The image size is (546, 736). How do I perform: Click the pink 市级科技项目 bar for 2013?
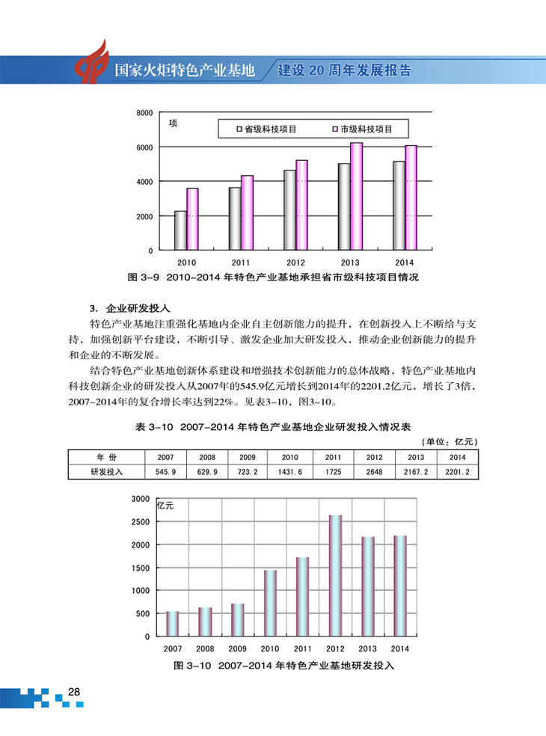(356, 196)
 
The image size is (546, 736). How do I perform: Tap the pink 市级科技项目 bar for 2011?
(247, 212)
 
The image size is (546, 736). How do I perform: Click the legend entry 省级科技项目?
(267, 129)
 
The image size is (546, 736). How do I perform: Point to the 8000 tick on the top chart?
(144, 113)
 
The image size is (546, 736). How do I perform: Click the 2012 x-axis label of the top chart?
(295, 263)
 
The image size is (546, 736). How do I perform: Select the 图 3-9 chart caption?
(273, 277)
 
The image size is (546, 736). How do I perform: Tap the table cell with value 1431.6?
(289, 472)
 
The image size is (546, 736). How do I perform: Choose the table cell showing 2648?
(374, 472)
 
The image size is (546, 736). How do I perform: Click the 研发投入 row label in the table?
(106, 472)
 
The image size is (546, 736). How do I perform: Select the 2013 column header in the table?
(416, 457)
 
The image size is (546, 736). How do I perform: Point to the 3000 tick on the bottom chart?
(140, 499)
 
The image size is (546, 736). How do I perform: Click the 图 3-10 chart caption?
(283, 665)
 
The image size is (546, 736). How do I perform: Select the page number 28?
(73, 692)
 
